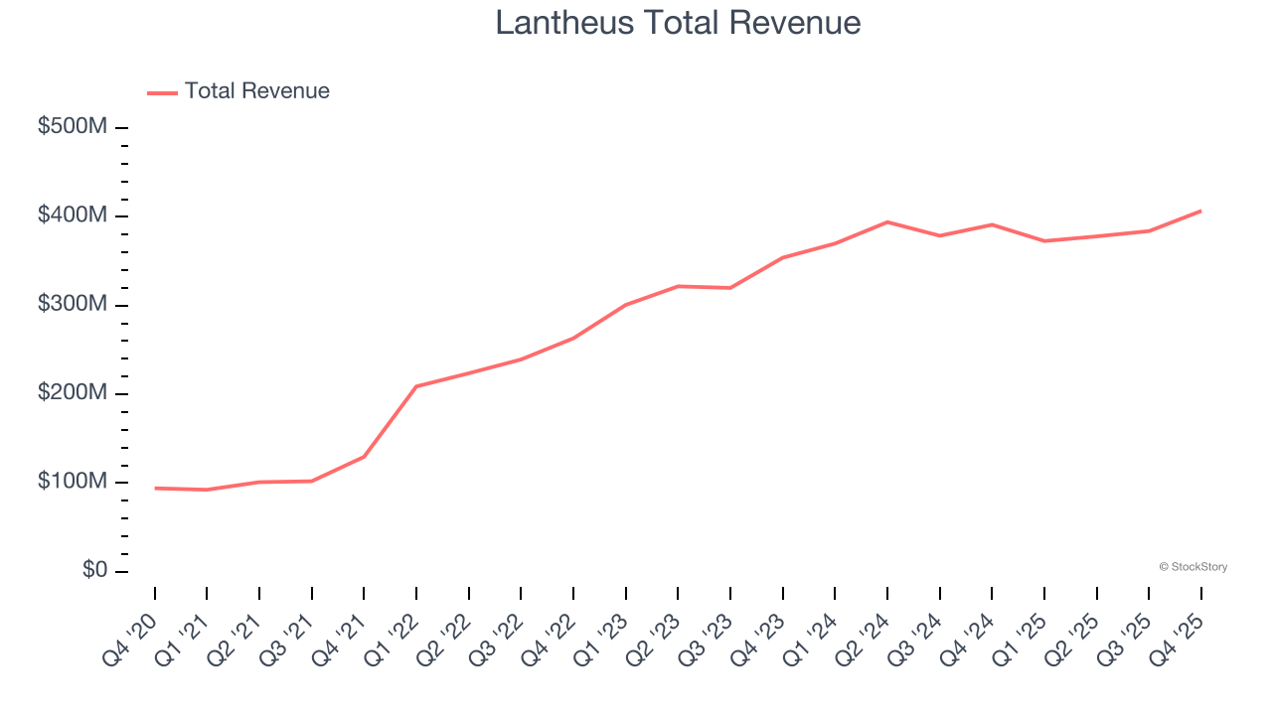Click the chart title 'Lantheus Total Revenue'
point(678,22)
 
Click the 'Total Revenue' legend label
point(256,91)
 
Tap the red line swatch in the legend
point(162,92)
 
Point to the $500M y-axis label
point(73,127)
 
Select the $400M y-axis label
point(73,215)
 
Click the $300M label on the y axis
point(73,304)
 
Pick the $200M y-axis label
point(73,393)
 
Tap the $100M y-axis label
point(73,482)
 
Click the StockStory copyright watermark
point(1192,567)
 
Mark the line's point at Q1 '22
point(416,386)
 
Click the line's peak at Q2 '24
point(887,221)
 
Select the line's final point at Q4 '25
point(1200,211)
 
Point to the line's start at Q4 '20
point(155,488)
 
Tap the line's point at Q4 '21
point(364,457)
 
